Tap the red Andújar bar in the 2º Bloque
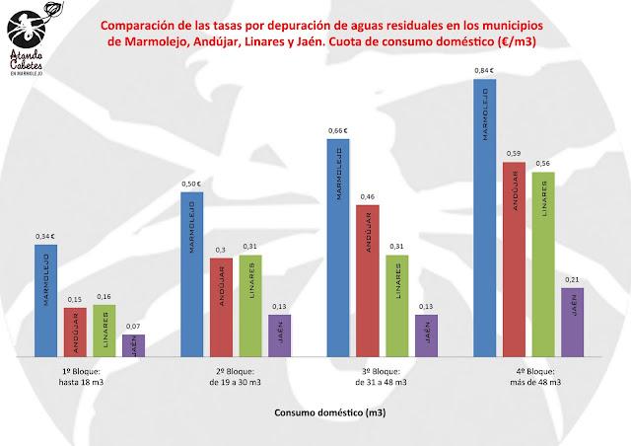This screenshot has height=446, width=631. tap(220, 306)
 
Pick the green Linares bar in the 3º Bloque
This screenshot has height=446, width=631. tap(395, 305)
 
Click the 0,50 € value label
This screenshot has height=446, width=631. tap(192, 184)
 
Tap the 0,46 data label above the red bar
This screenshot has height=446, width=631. tap(368, 197)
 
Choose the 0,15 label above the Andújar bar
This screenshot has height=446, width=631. tap(75, 300)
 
